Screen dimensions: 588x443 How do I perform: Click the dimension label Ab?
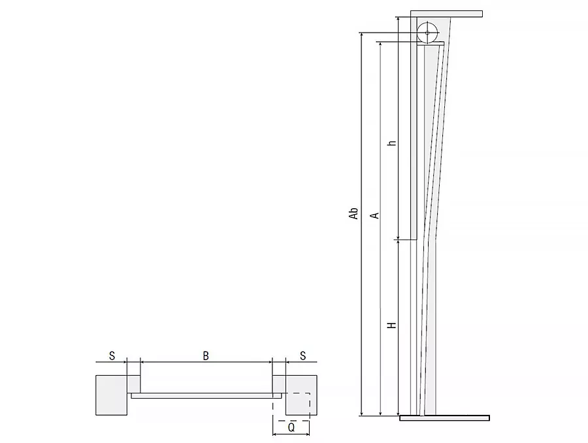353,213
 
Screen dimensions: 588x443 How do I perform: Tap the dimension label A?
374,215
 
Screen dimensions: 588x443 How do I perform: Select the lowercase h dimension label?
392,143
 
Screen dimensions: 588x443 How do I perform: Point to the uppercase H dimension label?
392,325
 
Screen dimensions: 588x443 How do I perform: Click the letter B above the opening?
206,356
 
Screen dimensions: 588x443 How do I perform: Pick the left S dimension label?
112,356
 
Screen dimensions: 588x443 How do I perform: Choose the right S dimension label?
302,356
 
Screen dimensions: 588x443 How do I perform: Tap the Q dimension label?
291,427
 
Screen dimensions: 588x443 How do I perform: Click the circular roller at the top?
427,33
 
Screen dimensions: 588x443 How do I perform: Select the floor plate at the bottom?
444,418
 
